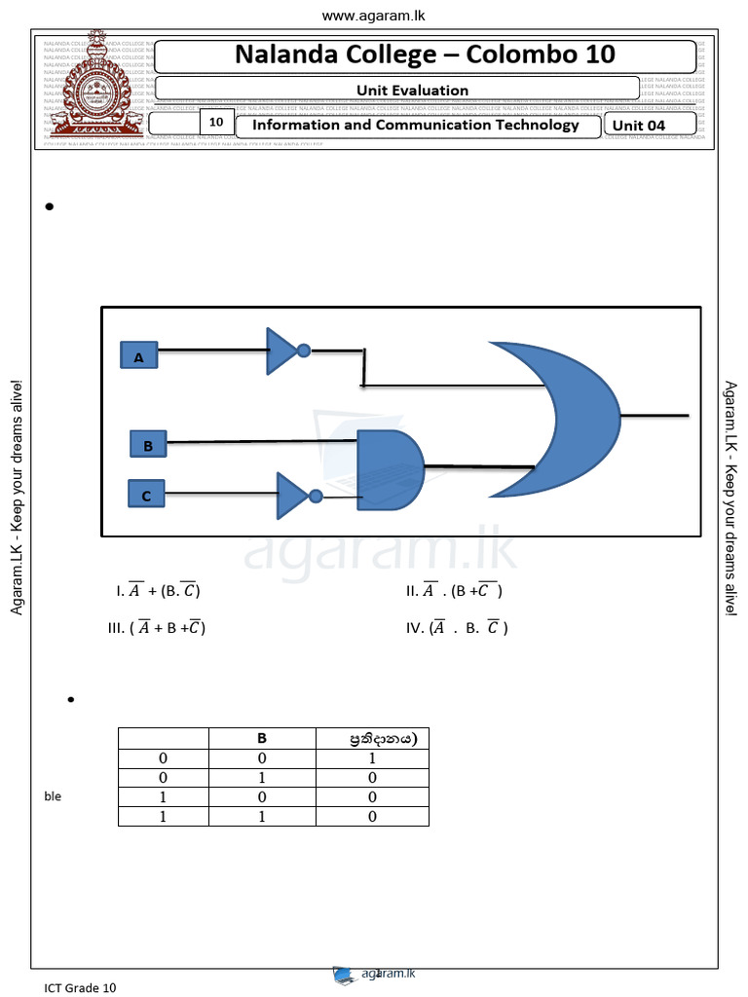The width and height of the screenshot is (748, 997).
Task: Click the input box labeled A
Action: click(138, 356)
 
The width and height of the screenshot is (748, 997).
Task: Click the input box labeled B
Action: click(148, 445)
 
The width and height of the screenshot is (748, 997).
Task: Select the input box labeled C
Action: click(146, 495)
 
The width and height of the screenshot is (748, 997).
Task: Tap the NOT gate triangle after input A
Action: click(281, 351)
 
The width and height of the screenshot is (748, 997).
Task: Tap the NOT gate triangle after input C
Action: click(292, 496)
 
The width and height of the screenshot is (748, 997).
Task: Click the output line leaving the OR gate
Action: click(654, 416)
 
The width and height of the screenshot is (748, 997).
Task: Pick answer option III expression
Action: click(157, 628)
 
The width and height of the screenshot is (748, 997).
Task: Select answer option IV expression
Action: click(457, 628)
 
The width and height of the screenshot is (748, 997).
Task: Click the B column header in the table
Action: click(262, 738)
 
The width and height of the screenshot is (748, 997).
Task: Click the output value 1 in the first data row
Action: click(372, 757)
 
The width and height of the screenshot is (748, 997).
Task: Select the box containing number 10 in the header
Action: click(216, 123)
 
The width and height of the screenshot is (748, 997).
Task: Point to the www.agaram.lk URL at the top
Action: click(373, 16)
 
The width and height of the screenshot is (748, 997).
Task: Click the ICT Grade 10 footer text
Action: click(80, 987)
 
